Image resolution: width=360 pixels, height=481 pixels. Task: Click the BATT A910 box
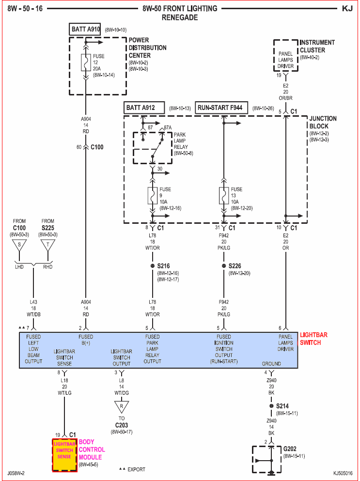(x=85, y=30)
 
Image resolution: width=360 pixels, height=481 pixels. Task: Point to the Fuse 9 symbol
(x=153, y=195)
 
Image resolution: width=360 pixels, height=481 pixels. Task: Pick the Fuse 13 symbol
(x=224, y=195)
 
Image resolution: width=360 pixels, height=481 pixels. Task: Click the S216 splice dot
(x=153, y=266)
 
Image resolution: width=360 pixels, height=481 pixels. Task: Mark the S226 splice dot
(x=224, y=266)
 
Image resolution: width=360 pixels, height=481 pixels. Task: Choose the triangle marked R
(x=122, y=406)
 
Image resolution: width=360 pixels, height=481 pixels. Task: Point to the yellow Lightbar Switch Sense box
(x=64, y=454)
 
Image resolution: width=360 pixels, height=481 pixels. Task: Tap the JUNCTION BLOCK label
(x=323, y=122)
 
